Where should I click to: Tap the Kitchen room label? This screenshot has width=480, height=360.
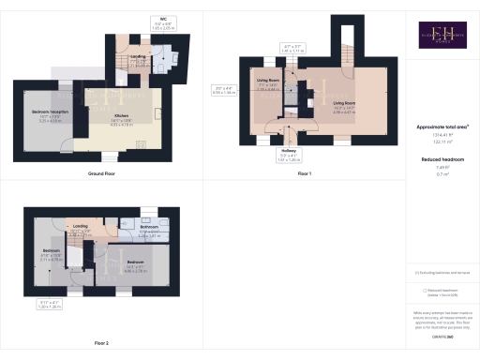tap(123, 118)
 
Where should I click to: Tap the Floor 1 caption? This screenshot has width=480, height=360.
tap(303, 174)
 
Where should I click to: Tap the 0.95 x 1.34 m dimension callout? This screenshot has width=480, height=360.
tap(224, 91)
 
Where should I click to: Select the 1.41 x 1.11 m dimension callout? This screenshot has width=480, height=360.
tap(293, 49)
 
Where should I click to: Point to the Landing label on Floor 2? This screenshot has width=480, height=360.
tap(81, 228)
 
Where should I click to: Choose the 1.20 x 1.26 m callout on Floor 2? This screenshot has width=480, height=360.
tap(50, 305)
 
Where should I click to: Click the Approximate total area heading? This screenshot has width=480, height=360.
tap(441, 126)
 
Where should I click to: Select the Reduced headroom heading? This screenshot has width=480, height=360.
tap(441, 160)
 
